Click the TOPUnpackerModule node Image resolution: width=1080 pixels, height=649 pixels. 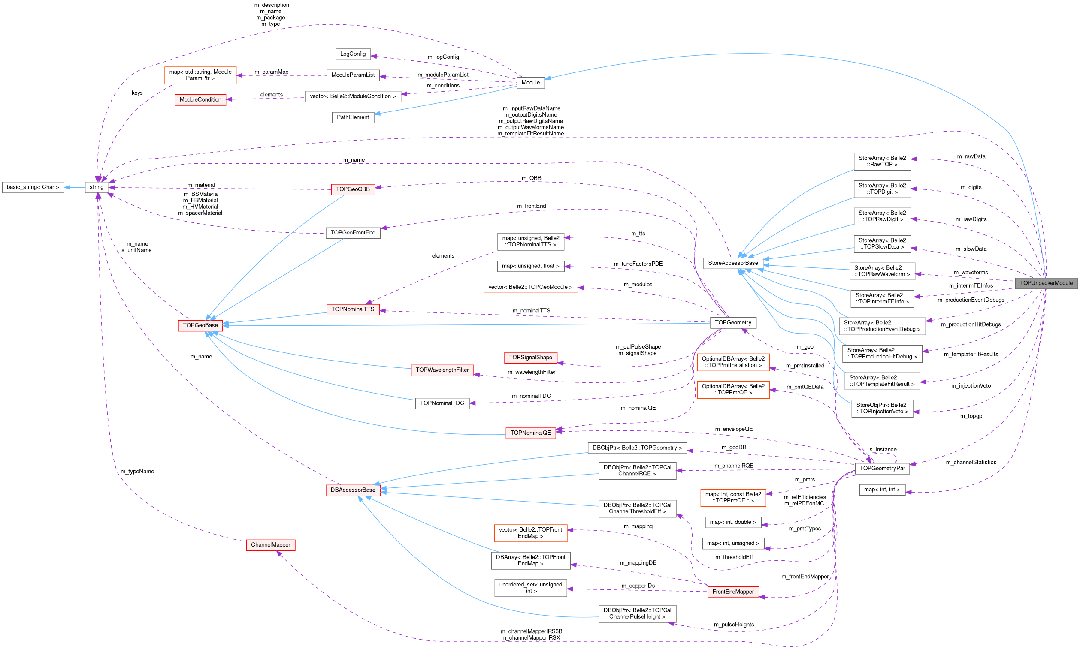pos(1046,283)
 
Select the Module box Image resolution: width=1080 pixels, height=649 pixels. pos(530,82)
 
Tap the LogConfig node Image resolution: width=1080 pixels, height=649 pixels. pos(352,54)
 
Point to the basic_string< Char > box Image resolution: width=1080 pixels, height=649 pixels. pos(33,187)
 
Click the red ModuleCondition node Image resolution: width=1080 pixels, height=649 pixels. pos(200,100)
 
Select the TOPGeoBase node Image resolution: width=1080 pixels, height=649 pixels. pos(200,325)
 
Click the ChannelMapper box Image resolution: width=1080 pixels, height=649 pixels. pos(270,545)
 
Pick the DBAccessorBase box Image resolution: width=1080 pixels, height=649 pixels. pos(352,490)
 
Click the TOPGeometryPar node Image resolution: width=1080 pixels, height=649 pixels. pos(882,469)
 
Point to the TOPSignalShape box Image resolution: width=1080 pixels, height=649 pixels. pos(530,358)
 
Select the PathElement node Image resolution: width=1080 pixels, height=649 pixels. pos(352,117)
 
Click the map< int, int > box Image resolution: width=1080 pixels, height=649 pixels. pos(882,490)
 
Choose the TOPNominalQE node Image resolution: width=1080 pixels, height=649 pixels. pos(530,433)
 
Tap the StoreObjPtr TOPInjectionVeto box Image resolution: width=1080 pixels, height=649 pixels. pos(882,408)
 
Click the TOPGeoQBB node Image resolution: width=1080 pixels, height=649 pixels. pos(352,189)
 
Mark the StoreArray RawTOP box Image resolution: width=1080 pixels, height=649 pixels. pos(882,161)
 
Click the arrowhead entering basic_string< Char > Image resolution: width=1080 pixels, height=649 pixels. pos(67,187)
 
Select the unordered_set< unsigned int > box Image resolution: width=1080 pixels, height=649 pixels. pos(530,587)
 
